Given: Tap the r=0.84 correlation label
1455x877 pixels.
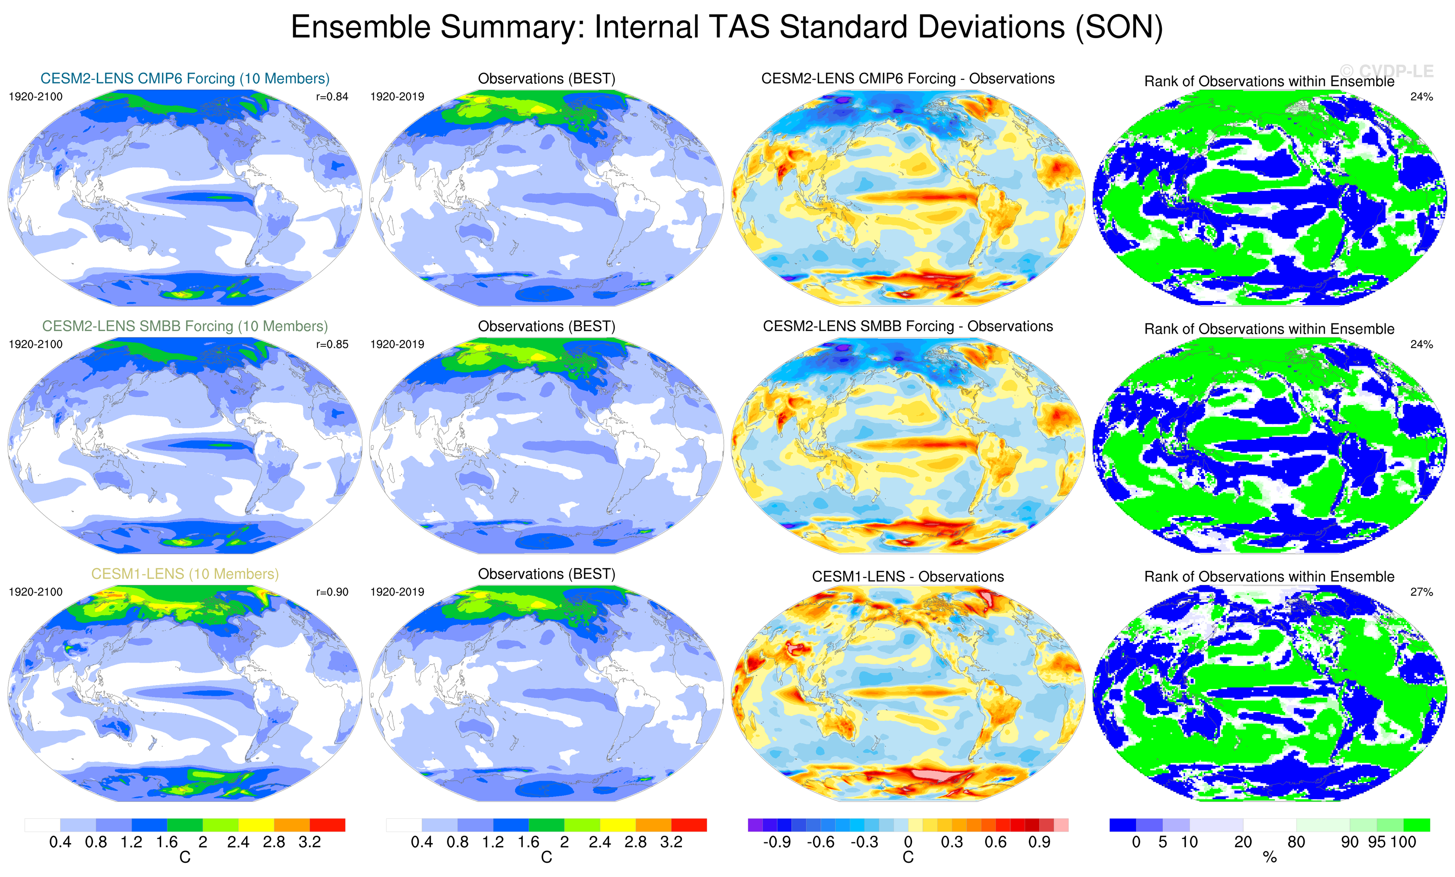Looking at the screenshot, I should click(x=332, y=97).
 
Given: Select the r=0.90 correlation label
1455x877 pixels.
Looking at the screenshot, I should click(x=332, y=592).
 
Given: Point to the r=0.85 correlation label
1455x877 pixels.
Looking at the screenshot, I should click(x=332, y=344).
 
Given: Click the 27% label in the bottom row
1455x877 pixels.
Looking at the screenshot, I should click(x=1421, y=592).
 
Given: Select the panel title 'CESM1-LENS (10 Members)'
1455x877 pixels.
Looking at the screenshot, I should click(x=185, y=574).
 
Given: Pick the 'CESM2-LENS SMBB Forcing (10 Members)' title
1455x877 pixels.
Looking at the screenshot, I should click(x=185, y=326).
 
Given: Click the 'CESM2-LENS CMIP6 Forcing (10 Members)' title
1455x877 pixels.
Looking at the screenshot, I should click(x=185, y=78).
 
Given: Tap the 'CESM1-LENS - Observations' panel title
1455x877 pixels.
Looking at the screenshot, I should click(x=908, y=576).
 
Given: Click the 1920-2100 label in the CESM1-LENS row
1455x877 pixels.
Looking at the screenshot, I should click(x=36, y=592).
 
